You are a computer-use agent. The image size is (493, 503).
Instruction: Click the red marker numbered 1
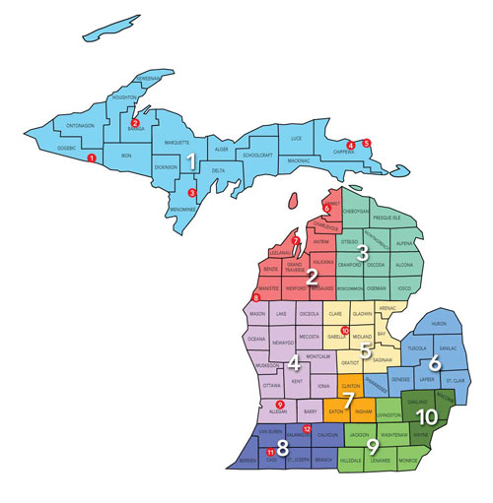click(92, 158)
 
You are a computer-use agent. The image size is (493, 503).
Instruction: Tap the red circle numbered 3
click(192, 192)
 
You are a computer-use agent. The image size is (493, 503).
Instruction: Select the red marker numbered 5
click(367, 144)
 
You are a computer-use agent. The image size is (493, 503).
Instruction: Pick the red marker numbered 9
click(280, 405)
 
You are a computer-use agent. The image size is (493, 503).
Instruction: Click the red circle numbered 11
click(272, 451)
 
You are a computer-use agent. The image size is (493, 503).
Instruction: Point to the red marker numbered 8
click(257, 297)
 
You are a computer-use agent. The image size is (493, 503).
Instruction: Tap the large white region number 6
click(435, 361)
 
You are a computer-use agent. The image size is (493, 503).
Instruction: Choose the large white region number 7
click(348, 400)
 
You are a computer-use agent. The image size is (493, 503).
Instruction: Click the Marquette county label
click(177, 143)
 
